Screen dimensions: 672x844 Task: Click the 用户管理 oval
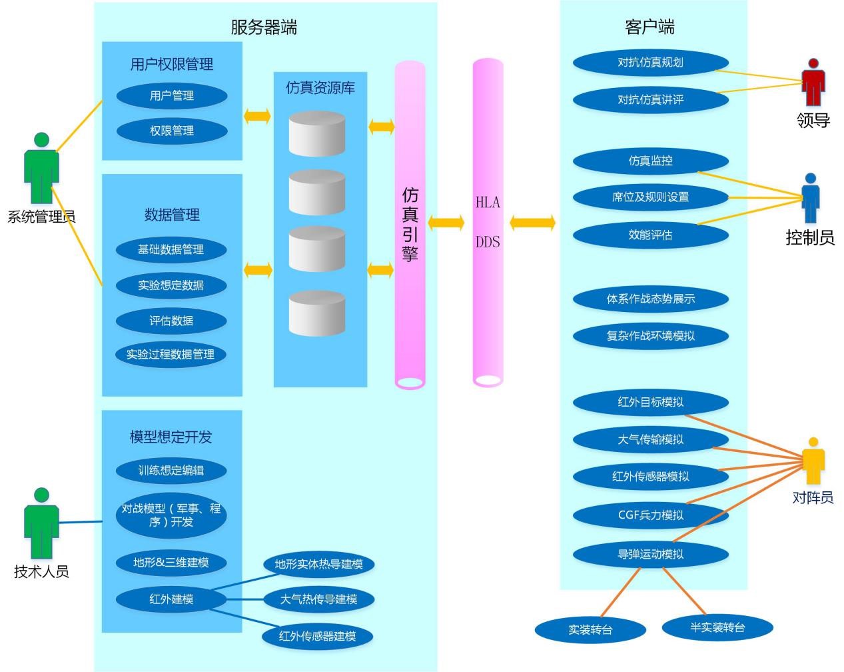pos(172,95)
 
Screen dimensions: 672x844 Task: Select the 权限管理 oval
pos(172,131)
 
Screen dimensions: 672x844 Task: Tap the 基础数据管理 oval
pos(171,249)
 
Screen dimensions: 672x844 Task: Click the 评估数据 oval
pos(171,321)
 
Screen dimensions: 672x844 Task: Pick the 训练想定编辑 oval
pos(171,470)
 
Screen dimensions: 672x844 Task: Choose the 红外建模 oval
pos(171,599)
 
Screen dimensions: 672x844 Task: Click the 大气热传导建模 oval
pos(318,599)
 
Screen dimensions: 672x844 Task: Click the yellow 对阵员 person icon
pos(813,461)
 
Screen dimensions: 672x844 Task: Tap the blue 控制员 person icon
pos(810,199)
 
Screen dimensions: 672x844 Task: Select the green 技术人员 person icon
pos(41,523)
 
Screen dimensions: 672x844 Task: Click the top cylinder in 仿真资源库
pos(317,133)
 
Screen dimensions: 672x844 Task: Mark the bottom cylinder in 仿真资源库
pos(317,313)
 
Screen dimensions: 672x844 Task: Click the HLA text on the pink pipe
pos(488,203)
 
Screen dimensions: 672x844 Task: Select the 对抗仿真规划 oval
pos(650,63)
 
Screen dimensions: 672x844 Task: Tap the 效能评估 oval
pos(650,235)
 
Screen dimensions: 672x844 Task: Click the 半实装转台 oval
pos(717,627)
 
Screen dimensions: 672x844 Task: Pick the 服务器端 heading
pos(264,27)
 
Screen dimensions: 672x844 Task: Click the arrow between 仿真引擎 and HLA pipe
pos(446,223)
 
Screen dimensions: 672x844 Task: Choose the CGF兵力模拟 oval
pos(650,515)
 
